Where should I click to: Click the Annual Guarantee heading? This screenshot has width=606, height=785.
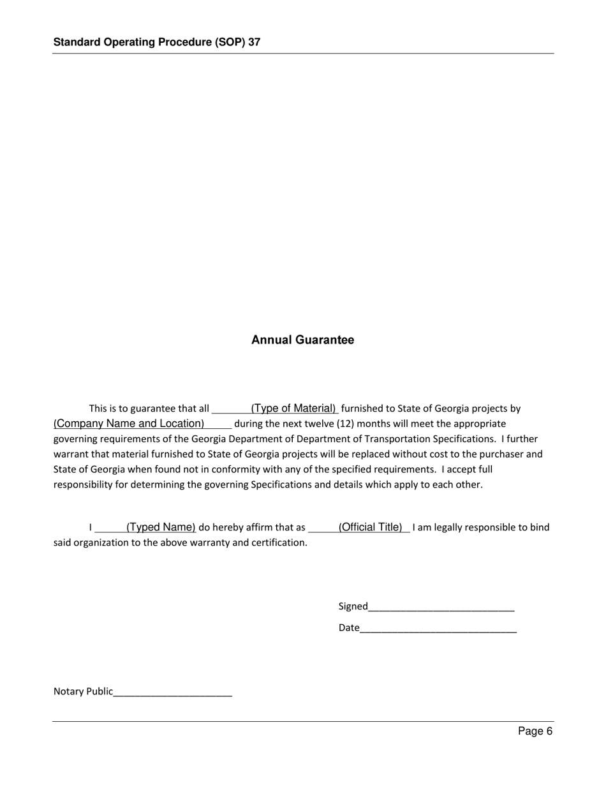tap(302, 340)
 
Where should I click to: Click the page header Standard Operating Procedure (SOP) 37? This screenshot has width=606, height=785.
tap(156, 42)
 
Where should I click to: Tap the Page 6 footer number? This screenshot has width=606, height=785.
tap(535, 731)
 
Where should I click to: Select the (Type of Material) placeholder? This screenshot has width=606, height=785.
tap(293, 408)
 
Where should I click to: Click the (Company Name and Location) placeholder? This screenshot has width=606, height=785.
tap(129, 424)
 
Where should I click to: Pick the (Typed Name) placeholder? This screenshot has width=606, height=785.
tap(161, 527)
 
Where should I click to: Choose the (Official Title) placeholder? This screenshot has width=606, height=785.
tap(371, 527)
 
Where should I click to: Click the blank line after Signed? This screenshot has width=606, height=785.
tap(441, 607)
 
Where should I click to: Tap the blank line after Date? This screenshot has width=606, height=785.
tap(438, 629)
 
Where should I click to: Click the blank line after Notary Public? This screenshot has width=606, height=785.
tap(173, 692)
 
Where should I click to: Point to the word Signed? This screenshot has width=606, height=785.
tap(353, 606)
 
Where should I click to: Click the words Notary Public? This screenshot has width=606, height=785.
tap(83, 691)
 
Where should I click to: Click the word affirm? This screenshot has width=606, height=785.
tap(263, 527)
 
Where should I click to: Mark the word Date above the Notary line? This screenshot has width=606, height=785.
tap(349, 628)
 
